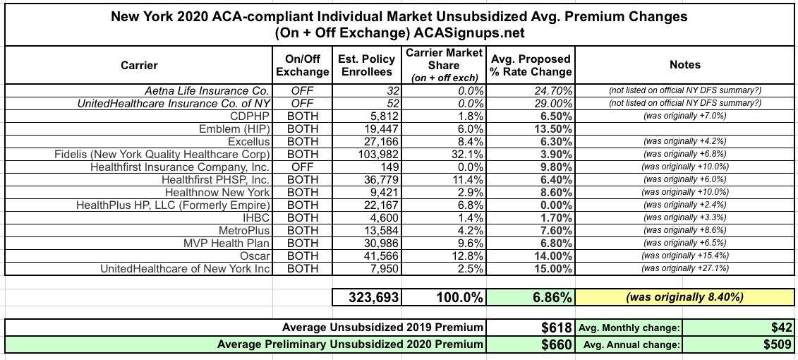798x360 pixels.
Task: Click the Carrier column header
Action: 139,65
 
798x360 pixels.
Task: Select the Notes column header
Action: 684,65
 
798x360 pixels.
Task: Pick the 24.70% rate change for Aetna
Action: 553,90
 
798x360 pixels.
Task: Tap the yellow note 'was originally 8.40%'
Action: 684,298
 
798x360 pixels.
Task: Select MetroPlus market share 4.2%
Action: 469,230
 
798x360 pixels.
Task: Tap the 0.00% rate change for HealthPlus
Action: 555,205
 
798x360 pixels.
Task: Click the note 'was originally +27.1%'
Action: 684,268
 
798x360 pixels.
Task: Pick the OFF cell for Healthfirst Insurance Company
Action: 302,167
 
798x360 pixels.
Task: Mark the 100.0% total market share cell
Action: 459,298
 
